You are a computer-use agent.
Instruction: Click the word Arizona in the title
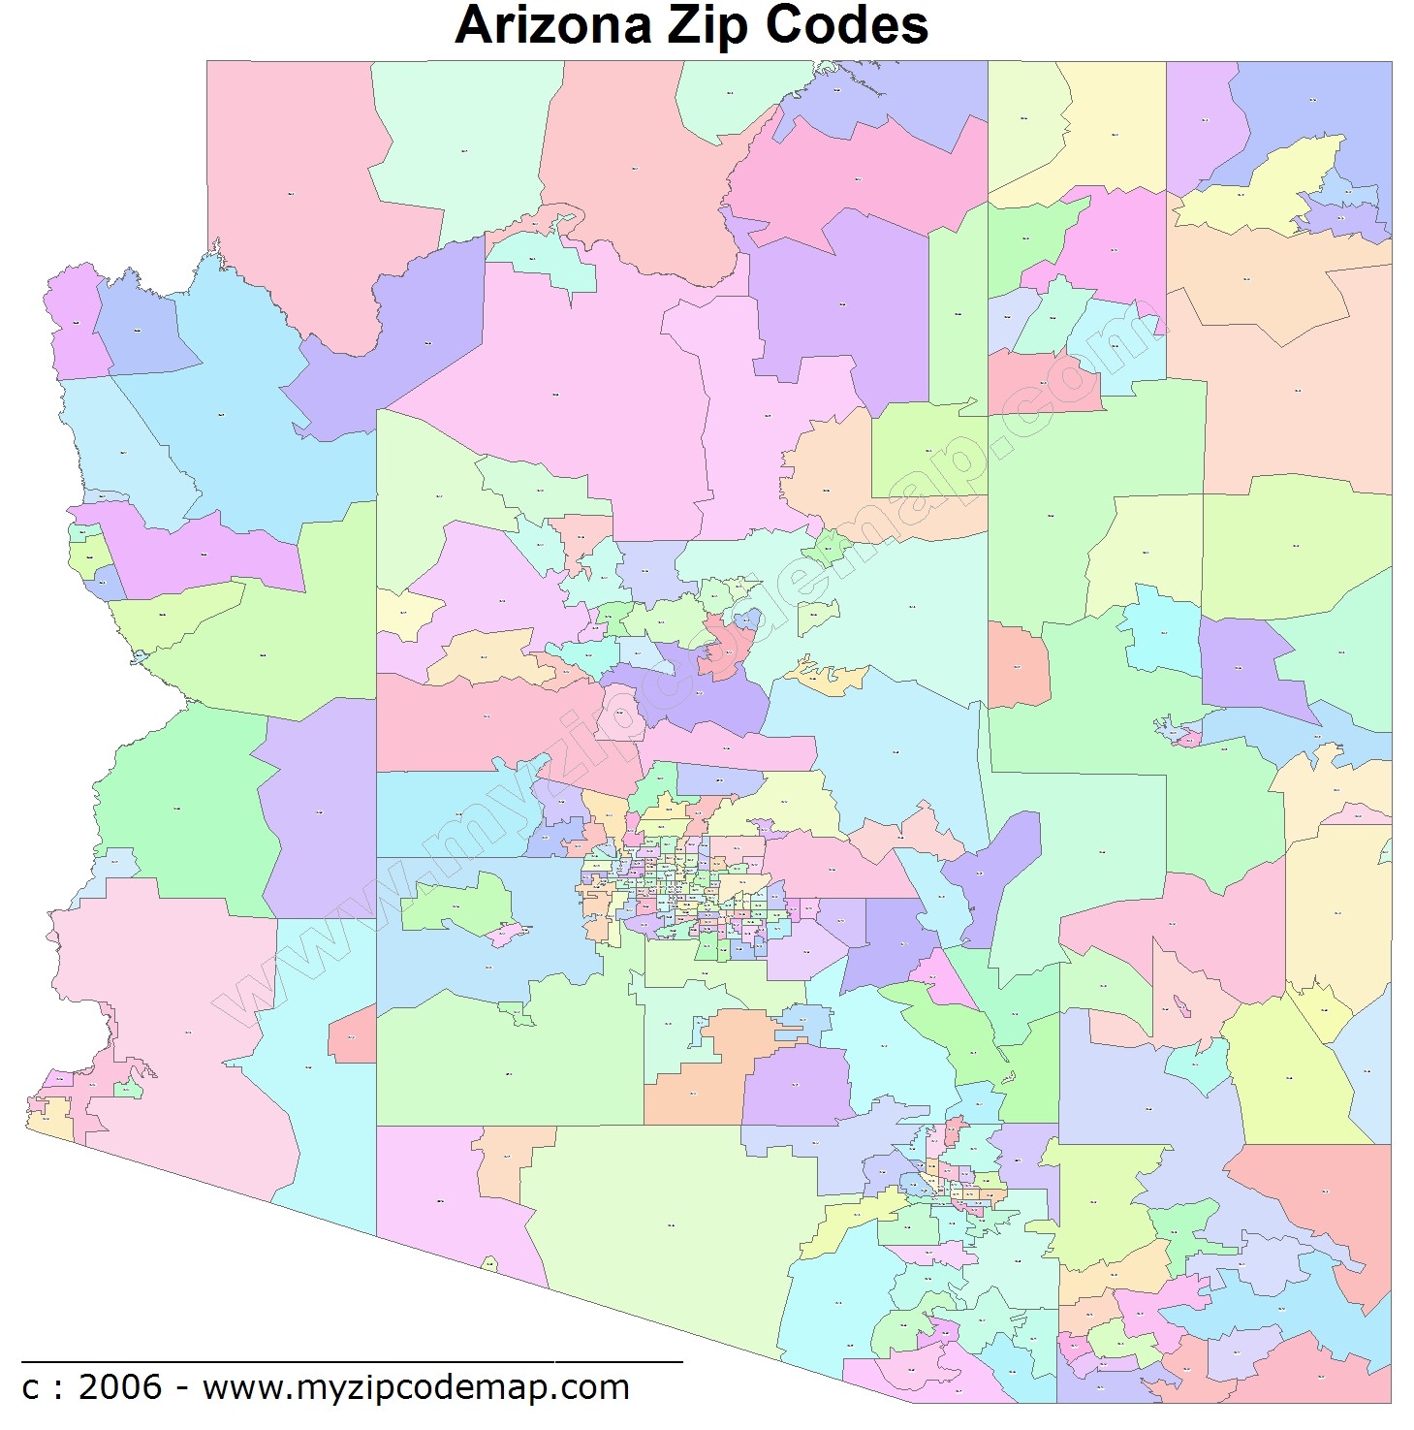pyautogui.click(x=553, y=26)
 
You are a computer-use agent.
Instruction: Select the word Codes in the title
pyautogui.click(x=846, y=26)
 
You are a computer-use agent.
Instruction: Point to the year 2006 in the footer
pyautogui.click(x=120, y=1387)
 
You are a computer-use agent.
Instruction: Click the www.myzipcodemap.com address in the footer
pyautogui.click(x=416, y=1387)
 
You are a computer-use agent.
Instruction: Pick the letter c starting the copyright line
pyautogui.click(x=31, y=1388)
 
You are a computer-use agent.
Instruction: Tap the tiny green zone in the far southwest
pyautogui.click(x=127, y=1090)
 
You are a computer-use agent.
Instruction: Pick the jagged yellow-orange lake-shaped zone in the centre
pyautogui.click(x=829, y=677)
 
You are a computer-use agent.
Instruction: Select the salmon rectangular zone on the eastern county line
pyautogui.click(x=1018, y=666)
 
